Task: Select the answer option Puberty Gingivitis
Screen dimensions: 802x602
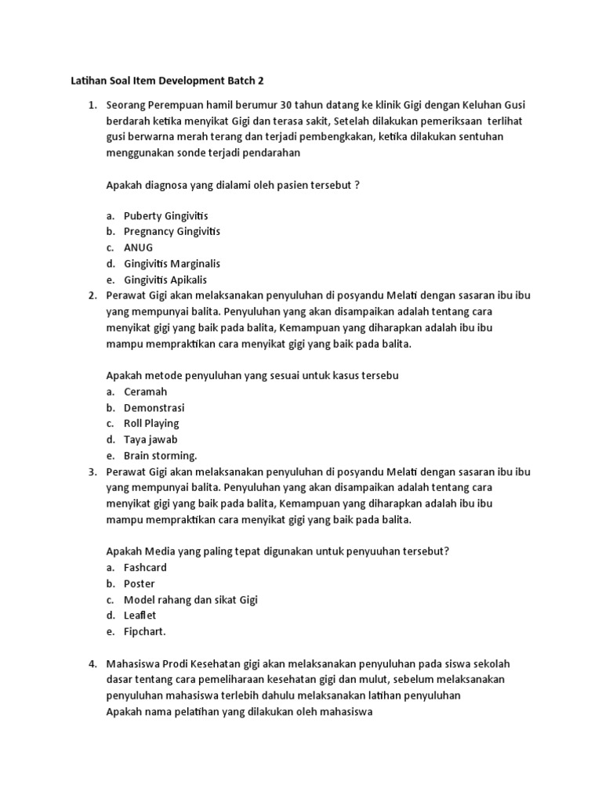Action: coord(165,215)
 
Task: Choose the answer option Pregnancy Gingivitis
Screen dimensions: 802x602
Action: coord(172,231)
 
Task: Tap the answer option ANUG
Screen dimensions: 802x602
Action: coord(138,247)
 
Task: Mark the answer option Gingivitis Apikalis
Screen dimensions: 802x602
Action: coord(165,280)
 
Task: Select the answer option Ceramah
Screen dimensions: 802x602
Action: coord(145,392)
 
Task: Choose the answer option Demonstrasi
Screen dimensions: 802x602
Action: coord(154,407)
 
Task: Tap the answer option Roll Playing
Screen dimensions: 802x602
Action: coord(151,424)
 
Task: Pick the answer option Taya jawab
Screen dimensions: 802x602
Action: coord(150,439)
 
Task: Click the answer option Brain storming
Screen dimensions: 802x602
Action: coord(160,456)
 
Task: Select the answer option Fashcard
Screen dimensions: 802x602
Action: coord(145,568)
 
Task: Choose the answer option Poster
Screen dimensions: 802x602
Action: coord(140,583)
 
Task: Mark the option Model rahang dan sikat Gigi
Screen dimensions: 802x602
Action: coord(190,600)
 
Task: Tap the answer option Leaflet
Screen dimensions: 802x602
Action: coord(140,616)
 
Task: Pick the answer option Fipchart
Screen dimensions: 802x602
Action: coord(145,632)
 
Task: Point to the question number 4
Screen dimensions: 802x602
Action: coord(92,664)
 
